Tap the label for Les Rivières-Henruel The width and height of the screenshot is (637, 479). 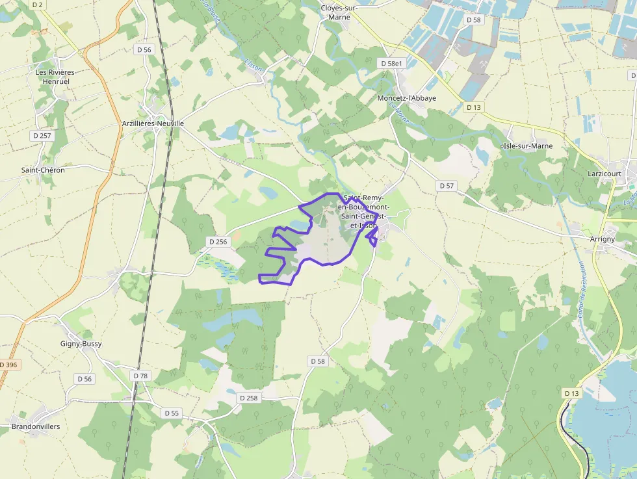(56, 77)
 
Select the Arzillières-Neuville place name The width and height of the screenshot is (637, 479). (153, 123)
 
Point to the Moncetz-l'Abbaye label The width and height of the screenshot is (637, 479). (406, 98)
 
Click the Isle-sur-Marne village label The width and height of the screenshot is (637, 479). (528, 146)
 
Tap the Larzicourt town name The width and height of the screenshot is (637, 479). (604, 174)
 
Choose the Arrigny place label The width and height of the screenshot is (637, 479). (603, 239)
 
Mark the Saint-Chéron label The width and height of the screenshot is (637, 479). (43, 170)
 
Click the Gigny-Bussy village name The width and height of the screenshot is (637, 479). (81, 344)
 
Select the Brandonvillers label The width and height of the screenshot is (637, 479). (36, 427)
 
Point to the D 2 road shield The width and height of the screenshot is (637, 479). (37, 5)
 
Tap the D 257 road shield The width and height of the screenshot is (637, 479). (42, 135)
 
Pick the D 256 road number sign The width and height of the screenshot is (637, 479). (218, 242)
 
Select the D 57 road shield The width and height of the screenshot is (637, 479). (447, 186)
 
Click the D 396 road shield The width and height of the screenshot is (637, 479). (9, 365)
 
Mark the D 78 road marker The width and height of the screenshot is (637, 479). (140, 376)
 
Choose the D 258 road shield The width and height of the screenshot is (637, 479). (248, 398)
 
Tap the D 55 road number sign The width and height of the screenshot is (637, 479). (172, 413)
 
